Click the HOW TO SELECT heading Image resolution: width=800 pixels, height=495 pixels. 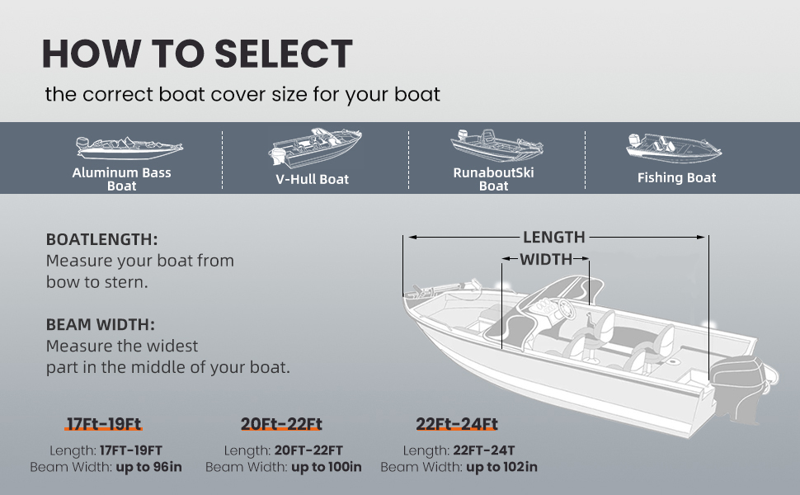point(197,54)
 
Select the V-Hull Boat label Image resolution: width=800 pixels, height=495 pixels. point(311,179)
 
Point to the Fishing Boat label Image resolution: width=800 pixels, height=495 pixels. point(676,177)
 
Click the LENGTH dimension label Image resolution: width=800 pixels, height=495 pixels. point(553,238)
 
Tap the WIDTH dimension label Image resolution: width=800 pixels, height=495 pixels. point(545,260)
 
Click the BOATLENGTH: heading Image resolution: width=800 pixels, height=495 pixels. point(101,239)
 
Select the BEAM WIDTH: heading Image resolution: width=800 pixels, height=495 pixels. point(101,325)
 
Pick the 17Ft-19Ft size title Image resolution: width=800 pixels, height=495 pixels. point(104,425)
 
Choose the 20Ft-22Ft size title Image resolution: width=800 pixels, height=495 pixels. point(281,425)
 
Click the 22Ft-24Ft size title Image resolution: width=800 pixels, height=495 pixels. point(457,425)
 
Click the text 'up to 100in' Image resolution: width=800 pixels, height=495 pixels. point(326,467)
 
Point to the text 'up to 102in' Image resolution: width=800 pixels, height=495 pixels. point(501,467)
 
